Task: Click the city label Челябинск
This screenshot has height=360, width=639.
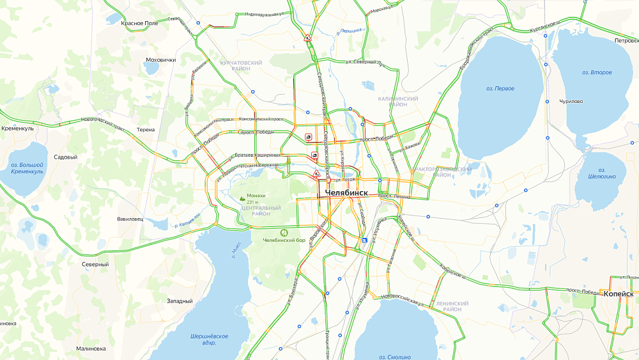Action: tap(346, 193)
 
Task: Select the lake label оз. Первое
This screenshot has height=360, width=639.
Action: tap(500, 88)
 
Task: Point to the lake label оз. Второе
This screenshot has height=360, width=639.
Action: tap(597, 72)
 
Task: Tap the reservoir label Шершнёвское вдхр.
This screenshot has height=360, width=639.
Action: tap(209, 339)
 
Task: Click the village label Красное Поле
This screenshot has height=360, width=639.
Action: tap(139, 23)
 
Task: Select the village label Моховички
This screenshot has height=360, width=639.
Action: tap(160, 60)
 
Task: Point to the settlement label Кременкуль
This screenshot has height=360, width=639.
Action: tap(17, 128)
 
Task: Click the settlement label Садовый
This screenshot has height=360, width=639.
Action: tap(65, 157)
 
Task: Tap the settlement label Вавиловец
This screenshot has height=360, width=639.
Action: tap(130, 219)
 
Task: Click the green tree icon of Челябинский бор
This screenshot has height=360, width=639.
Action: tap(284, 232)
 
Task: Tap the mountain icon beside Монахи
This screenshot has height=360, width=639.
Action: tap(242, 199)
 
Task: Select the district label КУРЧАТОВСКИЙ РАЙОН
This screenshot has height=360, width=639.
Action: tap(241, 66)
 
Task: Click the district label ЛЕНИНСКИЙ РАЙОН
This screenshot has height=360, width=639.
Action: tap(452, 306)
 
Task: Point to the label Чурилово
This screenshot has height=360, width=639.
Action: tap(571, 101)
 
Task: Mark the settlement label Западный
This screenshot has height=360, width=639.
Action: tap(180, 301)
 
